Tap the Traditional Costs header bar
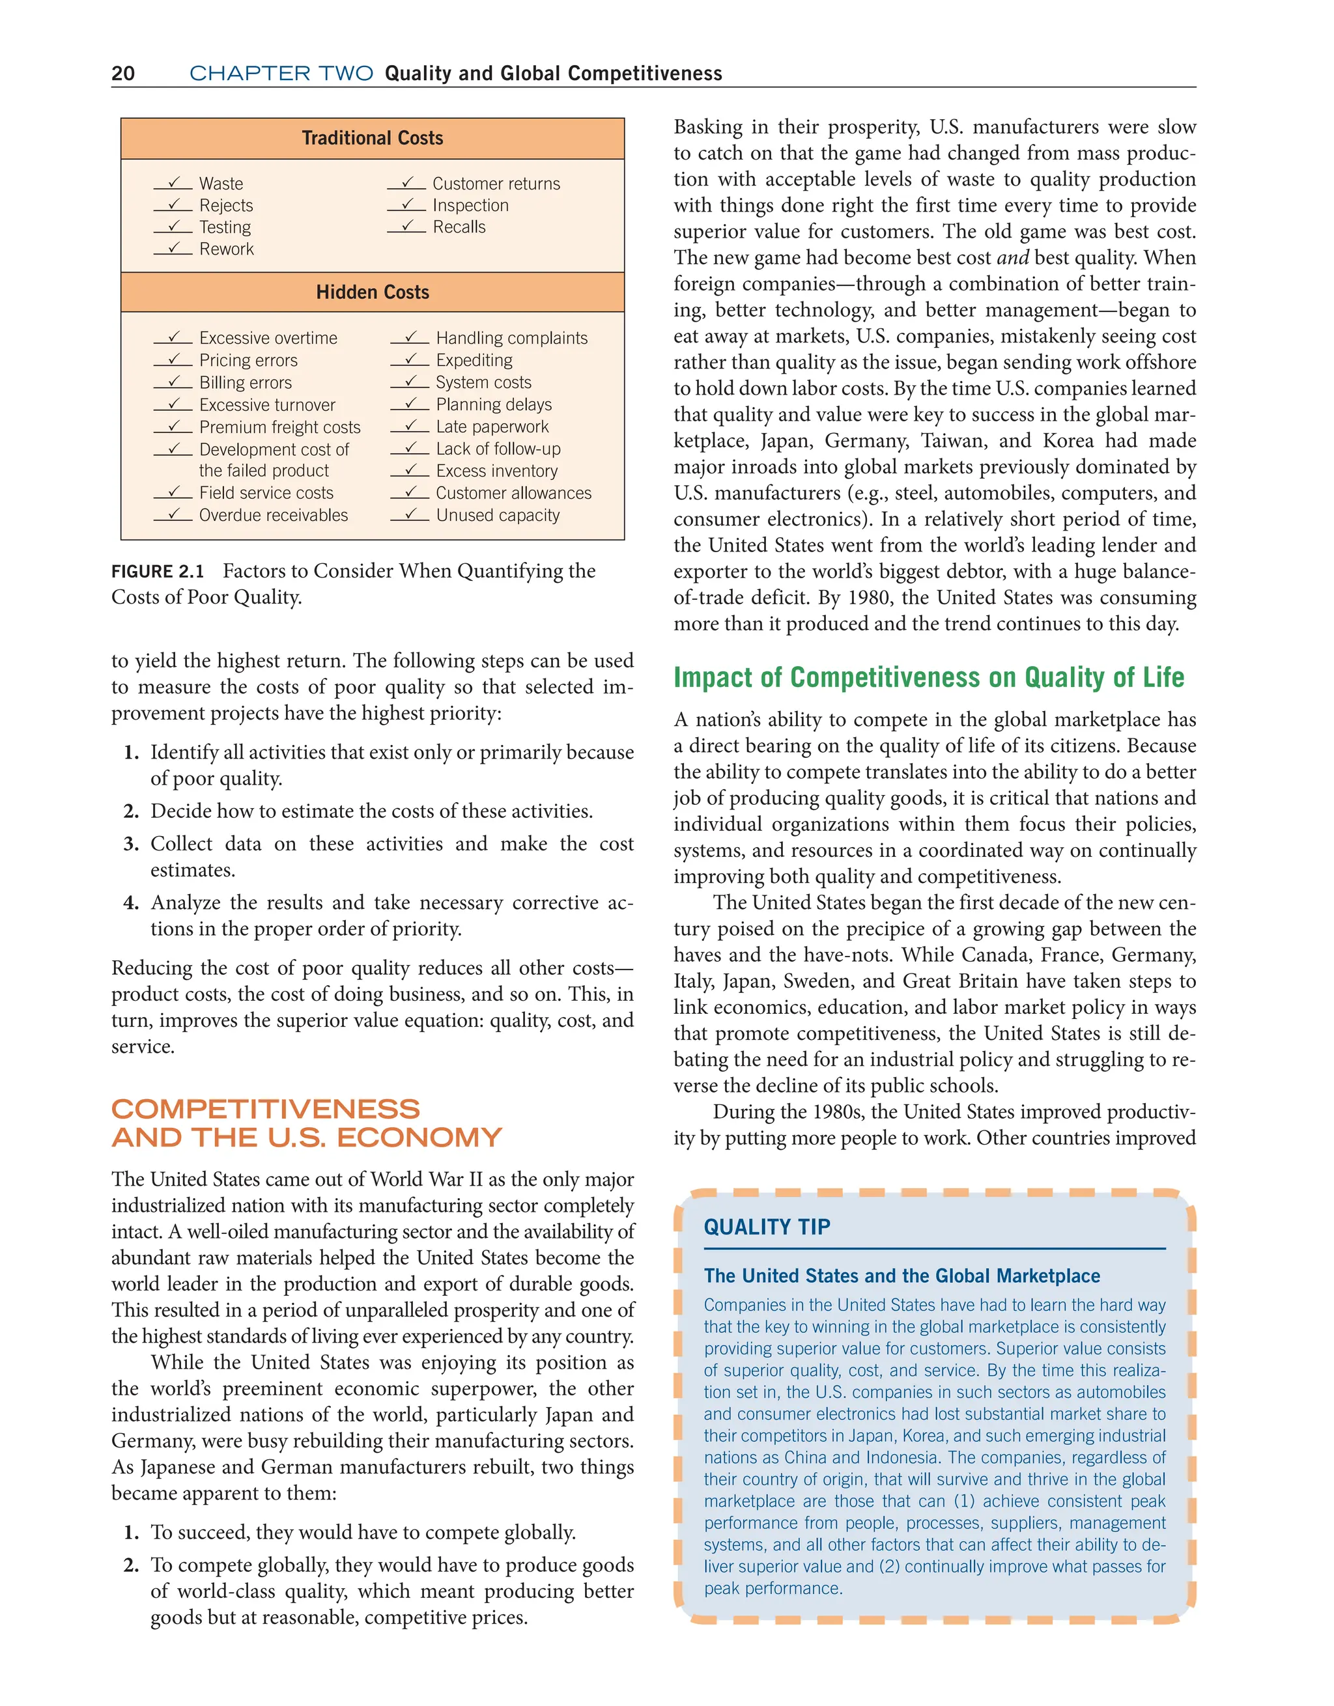[372, 138]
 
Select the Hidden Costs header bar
[372, 292]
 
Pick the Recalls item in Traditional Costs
[459, 227]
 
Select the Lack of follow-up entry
[498, 449]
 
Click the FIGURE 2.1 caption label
[157, 572]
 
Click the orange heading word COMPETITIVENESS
[266, 1109]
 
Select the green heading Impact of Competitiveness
[928, 677]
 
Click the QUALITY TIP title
[767, 1226]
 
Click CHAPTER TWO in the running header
[281, 74]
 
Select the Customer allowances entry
[513, 493]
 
